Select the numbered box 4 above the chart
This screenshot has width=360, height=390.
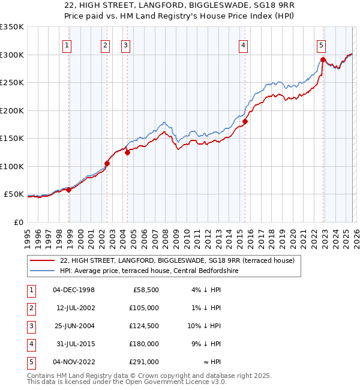[x=243, y=44]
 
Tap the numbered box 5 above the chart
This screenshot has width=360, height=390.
[x=321, y=44]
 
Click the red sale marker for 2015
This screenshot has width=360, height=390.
[x=245, y=122]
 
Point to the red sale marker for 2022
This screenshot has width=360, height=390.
[x=323, y=59]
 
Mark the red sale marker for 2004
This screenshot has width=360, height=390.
[x=127, y=152]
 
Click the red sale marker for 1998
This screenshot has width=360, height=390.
[x=68, y=190]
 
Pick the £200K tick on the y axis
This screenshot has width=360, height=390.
[x=12, y=110]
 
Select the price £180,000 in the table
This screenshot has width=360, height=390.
[x=145, y=344]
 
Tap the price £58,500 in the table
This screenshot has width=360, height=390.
[x=146, y=290]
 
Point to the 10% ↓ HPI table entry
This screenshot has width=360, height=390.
[x=204, y=326]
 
